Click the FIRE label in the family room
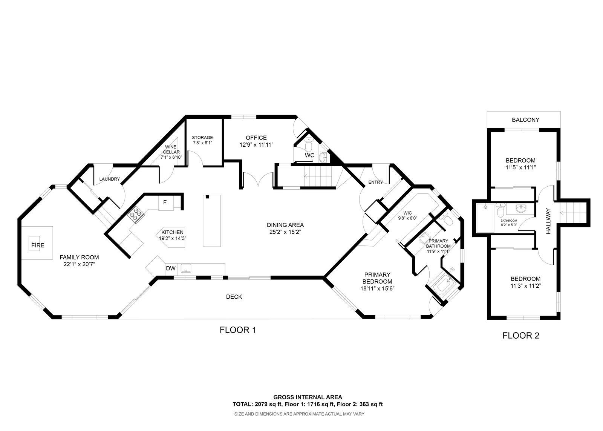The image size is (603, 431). coord(38,245)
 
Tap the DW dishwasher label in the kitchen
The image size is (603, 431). coord(171,268)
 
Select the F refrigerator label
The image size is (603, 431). coord(165,202)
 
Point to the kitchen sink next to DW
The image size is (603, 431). coord(186,268)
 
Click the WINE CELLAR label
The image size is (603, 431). coord(171,149)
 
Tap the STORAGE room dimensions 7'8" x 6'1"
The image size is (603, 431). coord(202,143)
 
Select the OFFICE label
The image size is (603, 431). coord(256,138)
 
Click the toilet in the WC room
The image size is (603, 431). coord(309,144)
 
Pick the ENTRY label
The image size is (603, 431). coord(375,182)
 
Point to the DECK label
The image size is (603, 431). coord(234,297)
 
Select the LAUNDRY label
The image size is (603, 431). coord(109,179)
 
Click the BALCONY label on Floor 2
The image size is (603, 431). coord(525,120)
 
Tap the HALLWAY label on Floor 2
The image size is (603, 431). coord(548,221)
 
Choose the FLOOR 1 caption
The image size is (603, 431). coord(238,330)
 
